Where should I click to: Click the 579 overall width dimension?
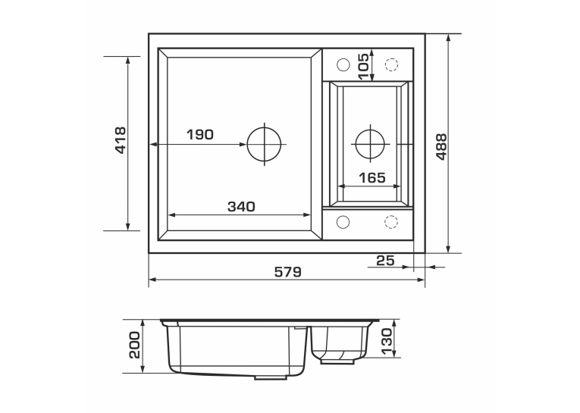point(288,272)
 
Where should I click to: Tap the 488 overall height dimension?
point(441,147)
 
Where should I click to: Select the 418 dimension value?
point(121,140)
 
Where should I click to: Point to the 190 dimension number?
point(199,135)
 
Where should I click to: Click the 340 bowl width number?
point(241,207)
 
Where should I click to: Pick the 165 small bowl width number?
point(372,178)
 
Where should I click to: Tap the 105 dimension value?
point(364,67)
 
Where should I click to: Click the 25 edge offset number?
point(385,261)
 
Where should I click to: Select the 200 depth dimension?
point(135,345)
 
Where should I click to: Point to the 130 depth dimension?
point(386,341)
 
